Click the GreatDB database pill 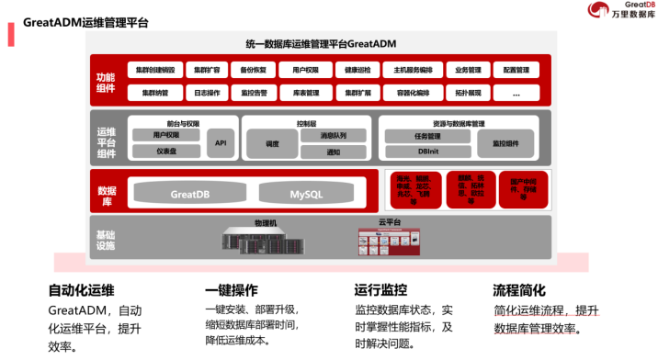(191, 194)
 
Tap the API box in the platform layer (221, 142)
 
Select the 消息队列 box (333, 135)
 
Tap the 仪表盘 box (166, 151)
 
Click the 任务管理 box (427, 136)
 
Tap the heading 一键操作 (232, 289)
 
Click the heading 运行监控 (380, 289)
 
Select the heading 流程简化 (519, 289)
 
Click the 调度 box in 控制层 (272, 143)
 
